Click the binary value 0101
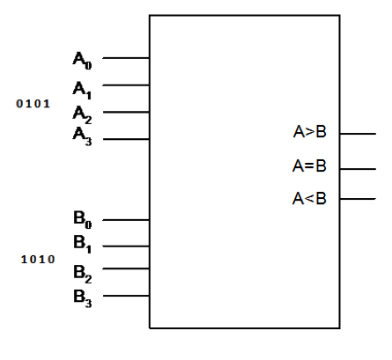coord(33,104)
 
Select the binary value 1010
coord(38,260)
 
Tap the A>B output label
coord(309,133)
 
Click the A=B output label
coord(309,165)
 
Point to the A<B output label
coord(309,198)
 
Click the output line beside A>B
coord(358,134)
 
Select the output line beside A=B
coord(358,167)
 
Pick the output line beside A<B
coord(358,199)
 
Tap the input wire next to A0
coord(127,59)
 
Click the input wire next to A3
coord(127,138)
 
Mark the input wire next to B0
coord(127,220)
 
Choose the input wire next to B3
coord(127,296)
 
